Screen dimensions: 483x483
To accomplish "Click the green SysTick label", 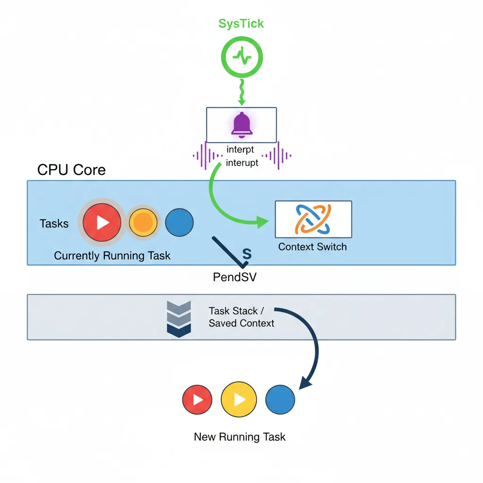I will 241,24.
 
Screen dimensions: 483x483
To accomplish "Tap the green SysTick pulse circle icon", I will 241,58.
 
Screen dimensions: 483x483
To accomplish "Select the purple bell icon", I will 241,125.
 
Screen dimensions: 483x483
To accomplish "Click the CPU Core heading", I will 71,170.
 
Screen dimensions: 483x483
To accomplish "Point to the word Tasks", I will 54,224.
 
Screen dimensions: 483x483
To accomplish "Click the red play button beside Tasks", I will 102,222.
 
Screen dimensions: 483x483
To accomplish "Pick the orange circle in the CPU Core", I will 143,222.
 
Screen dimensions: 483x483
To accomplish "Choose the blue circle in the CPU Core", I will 179,223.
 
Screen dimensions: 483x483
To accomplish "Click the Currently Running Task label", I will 112,256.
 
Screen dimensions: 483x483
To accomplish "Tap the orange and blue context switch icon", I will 313,219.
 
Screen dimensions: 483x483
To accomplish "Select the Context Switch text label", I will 312,247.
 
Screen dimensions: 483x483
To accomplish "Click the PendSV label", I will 234,277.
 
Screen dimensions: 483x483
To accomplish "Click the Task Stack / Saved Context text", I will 241,317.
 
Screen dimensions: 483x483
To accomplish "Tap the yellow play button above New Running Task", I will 239,400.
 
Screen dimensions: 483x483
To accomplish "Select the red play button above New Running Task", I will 197,400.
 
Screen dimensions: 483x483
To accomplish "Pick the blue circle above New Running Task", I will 280,400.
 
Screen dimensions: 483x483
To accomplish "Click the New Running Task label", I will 240,437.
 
